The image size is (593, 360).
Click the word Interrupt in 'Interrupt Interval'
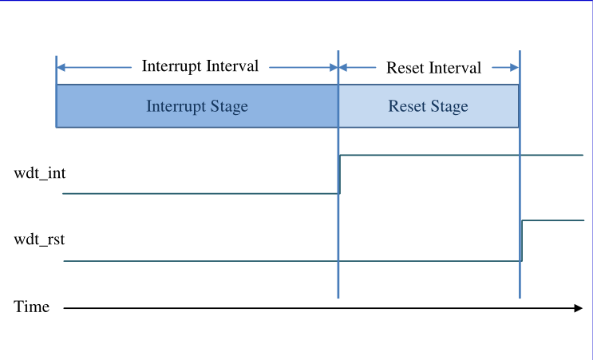172,66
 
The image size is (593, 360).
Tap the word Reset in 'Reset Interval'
405,68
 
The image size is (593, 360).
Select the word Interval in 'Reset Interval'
455,68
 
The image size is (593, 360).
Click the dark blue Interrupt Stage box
197,106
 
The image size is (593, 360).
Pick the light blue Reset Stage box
429,106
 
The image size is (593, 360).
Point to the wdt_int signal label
40,173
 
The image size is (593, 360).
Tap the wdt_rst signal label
39,239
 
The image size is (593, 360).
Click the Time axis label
31,307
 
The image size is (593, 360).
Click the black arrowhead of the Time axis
579,308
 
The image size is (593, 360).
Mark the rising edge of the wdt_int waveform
340,174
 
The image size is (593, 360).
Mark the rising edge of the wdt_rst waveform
522,240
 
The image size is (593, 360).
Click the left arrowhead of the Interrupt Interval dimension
61,68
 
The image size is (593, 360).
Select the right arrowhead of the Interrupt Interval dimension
334,68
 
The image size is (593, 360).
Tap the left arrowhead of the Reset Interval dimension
343,68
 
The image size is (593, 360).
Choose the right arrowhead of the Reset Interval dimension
514,68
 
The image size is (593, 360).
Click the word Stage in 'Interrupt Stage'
229,106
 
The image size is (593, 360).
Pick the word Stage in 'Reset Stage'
449,106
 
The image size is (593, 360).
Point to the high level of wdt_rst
553,220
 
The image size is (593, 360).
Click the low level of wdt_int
201,194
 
